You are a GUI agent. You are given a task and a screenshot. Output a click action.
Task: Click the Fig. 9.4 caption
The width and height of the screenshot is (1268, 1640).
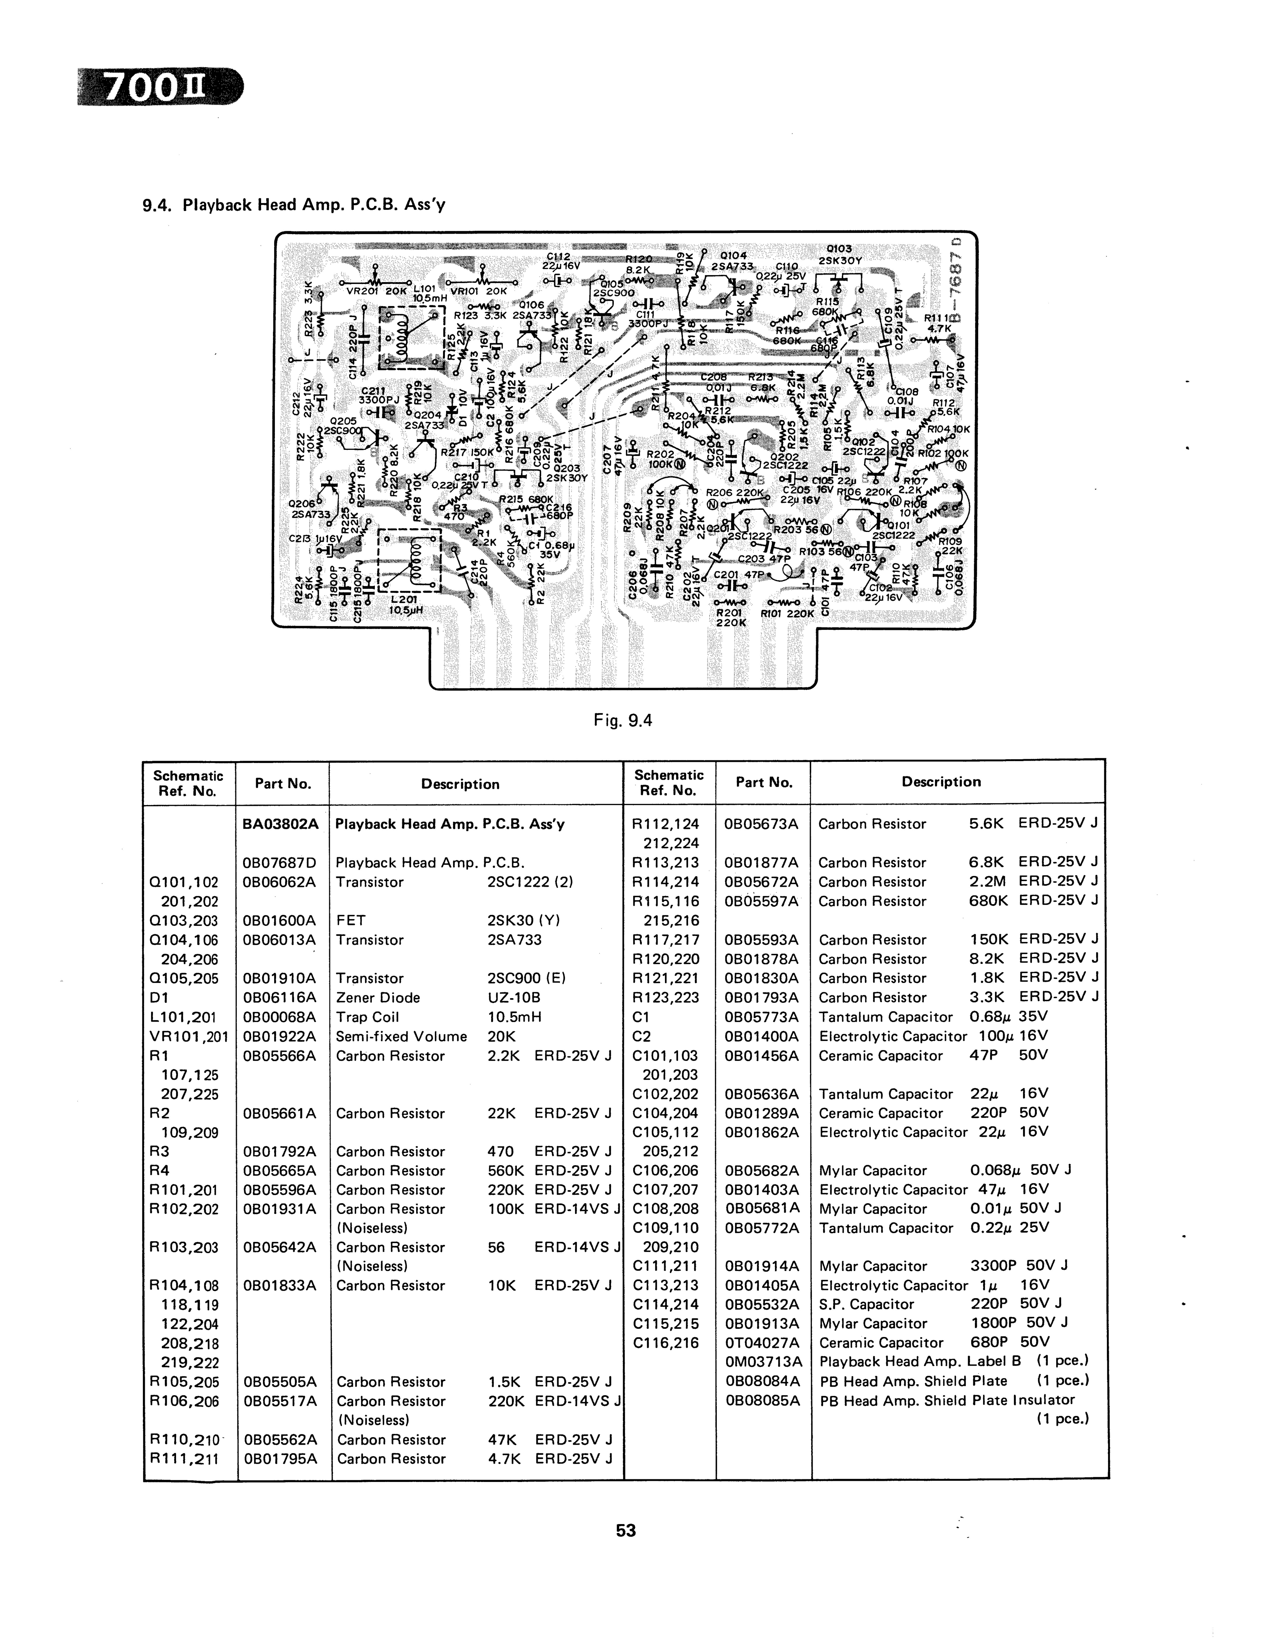pos(623,721)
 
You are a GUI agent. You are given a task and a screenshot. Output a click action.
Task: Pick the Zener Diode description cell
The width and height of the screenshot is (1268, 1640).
pos(378,997)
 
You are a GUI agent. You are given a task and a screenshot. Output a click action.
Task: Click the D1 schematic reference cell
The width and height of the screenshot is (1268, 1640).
pos(159,997)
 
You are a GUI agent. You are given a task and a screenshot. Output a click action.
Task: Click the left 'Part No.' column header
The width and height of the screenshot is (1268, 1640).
pos(282,783)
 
